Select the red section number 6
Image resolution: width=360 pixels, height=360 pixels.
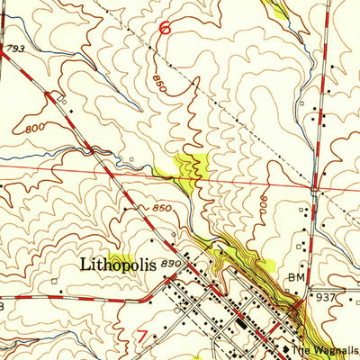point(165,28)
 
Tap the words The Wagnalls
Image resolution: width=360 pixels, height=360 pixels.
point(325,351)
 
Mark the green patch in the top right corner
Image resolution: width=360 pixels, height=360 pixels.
point(277,8)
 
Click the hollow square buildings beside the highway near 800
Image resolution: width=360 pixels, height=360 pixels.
point(65,102)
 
